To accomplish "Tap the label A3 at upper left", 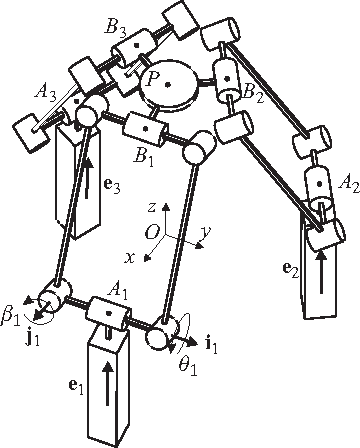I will [x=45, y=93].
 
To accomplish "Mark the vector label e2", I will [x=289, y=269].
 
